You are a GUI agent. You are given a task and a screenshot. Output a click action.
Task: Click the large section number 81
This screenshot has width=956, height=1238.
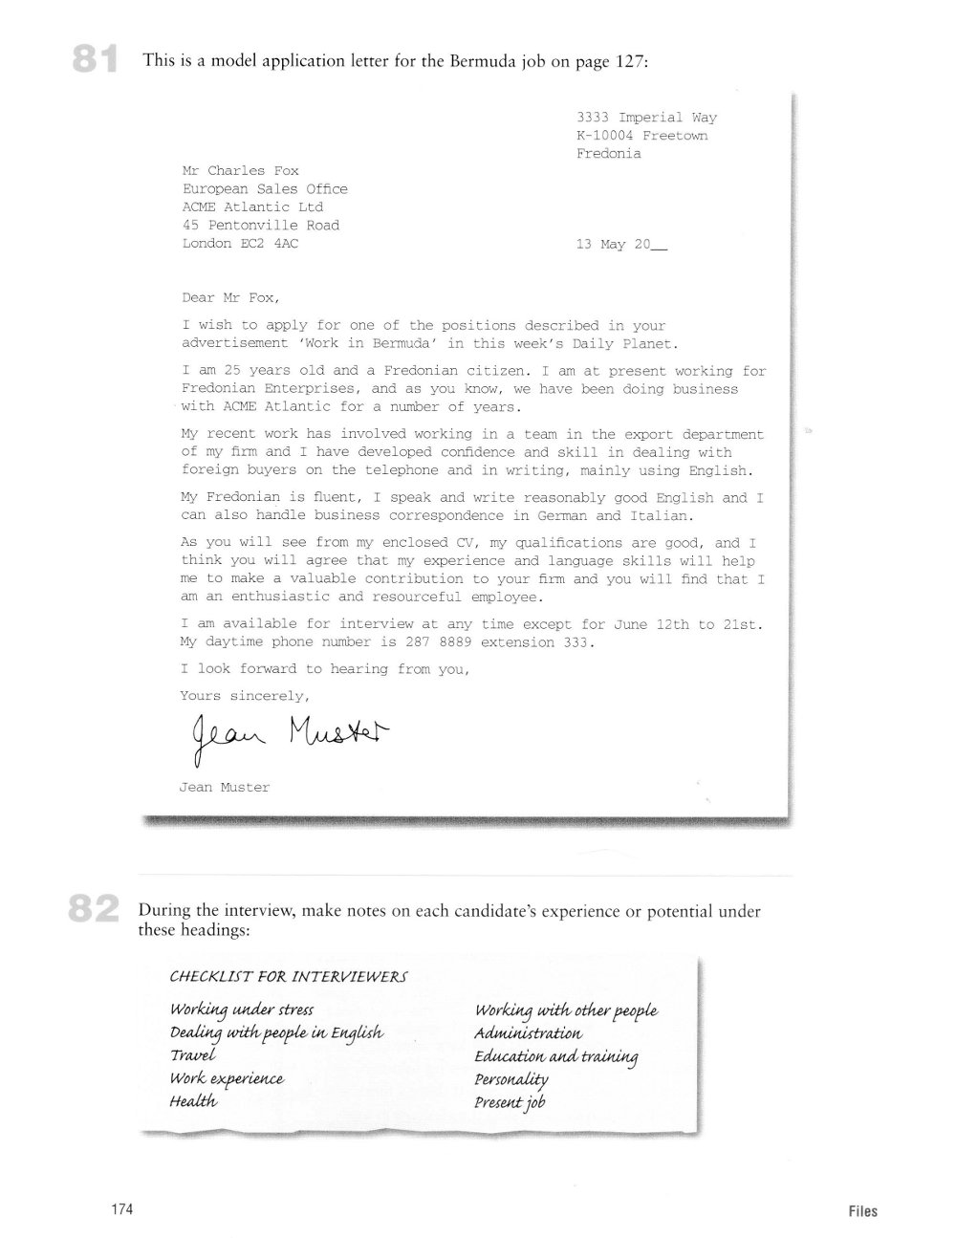pos(95,60)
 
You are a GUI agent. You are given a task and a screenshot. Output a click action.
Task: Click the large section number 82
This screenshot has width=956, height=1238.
pos(94,908)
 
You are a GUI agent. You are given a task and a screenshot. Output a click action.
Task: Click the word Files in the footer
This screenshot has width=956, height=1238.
pos(861,1210)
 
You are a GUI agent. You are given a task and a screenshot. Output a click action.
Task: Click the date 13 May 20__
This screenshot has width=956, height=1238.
pos(622,245)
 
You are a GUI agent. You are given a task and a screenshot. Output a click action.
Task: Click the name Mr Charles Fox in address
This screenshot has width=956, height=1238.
pos(240,171)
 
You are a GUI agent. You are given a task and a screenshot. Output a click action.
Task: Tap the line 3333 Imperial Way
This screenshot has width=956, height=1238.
pos(646,118)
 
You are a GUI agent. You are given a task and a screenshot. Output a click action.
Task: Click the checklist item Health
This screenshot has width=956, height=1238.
pos(193,1101)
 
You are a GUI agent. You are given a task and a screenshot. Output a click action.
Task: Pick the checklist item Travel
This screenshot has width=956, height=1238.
pos(193,1055)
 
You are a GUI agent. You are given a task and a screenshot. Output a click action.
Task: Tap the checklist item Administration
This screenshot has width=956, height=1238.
pos(528,1033)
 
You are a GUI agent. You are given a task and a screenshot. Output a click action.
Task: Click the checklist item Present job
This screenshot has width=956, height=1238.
pos(510,1102)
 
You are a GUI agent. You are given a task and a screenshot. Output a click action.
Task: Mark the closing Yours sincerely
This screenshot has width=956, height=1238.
pos(244,696)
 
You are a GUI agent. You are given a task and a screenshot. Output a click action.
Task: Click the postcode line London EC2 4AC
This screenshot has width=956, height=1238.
pos(247,244)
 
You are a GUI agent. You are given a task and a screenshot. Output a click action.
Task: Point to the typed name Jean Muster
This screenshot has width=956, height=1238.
pos(225,788)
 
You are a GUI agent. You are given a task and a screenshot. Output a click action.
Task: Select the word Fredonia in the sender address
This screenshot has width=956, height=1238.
pos(609,154)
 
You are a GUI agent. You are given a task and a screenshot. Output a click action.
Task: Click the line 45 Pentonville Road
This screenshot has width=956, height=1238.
pos(260,226)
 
